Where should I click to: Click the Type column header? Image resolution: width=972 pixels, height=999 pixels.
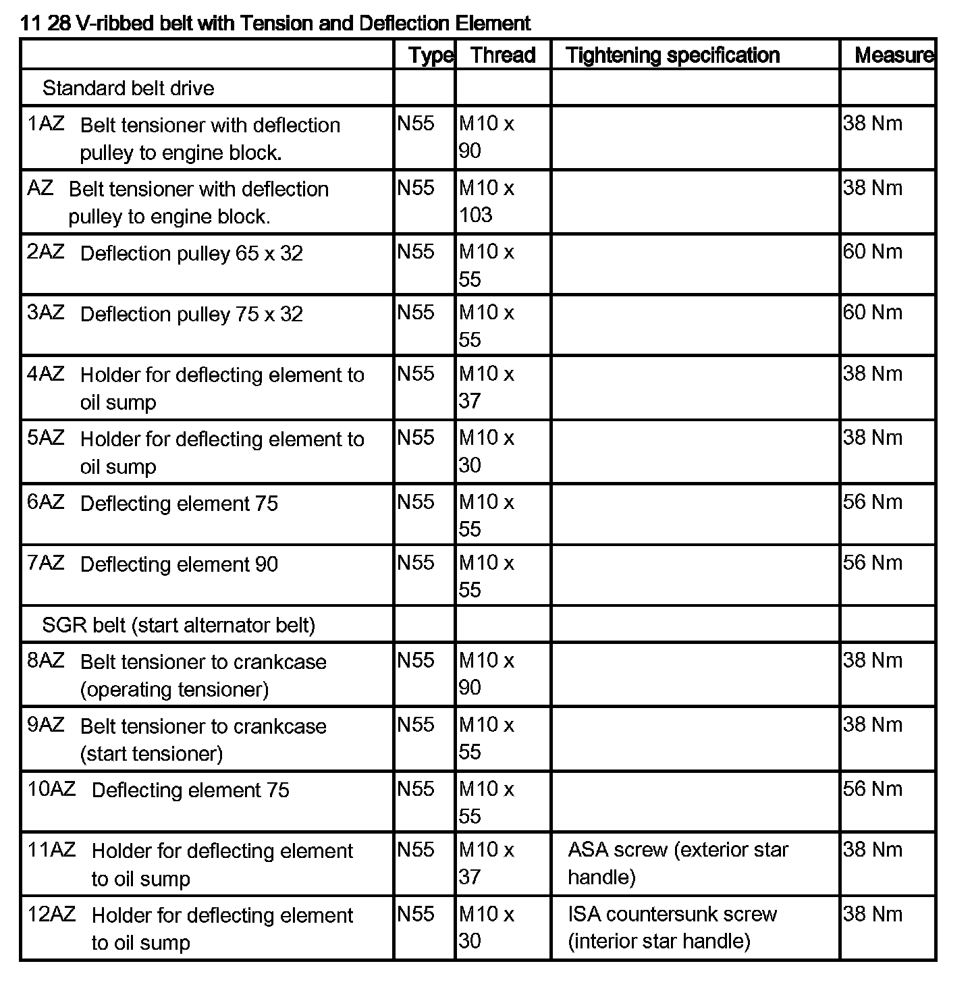tap(431, 55)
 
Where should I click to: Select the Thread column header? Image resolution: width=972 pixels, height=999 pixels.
tap(503, 55)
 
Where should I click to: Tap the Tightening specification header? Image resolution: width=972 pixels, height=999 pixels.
tap(673, 55)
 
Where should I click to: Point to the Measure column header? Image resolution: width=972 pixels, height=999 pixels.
tap(894, 55)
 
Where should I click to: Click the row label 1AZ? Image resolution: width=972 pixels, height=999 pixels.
tap(46, 124)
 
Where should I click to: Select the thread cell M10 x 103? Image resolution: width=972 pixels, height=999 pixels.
tap(486, 201)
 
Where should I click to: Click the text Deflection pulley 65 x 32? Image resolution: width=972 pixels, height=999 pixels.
tap(191, 254)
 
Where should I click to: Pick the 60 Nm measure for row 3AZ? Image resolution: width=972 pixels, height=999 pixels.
tap(872, 313)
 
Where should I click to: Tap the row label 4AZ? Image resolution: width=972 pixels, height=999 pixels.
tap(46, 374)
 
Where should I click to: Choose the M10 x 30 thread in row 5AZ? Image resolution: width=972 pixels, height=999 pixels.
tap(486, 452)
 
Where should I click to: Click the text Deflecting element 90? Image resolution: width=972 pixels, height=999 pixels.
tap(179, 564)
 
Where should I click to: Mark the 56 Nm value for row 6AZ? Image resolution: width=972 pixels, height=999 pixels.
tap(872, 502)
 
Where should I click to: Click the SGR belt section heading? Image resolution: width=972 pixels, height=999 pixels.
tap(178, 625)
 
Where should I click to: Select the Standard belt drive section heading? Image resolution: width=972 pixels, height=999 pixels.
tap(128, 88)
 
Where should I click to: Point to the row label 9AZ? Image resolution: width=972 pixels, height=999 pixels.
tap(46, 726)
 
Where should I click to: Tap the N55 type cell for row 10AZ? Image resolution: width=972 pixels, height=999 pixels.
tap(416, 789)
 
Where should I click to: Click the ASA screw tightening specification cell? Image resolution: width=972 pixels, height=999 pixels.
tap(678, 863)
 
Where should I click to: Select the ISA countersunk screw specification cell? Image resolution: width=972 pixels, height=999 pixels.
tap(672, 927)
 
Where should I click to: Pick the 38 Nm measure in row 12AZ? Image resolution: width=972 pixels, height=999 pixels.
tap(872, 915)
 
